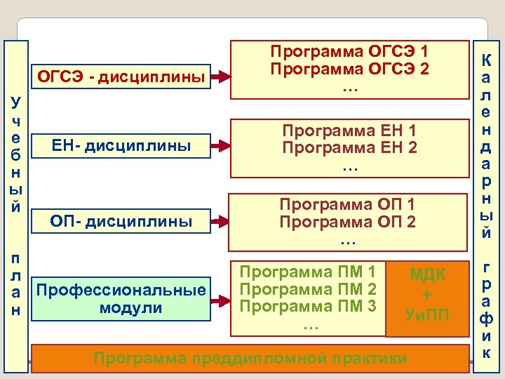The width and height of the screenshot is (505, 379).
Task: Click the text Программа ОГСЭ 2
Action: tap(349, 69)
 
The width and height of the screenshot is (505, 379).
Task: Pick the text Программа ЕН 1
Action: tap(349, 131)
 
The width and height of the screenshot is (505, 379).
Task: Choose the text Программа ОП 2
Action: tap(348, 222)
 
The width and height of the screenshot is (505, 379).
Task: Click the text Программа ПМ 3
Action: tap(309, 306)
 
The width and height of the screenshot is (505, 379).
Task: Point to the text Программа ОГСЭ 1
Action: tap(349, 52)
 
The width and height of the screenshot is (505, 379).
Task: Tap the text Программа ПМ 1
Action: tap(309, 271)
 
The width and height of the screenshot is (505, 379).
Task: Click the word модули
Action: tap(122, 307)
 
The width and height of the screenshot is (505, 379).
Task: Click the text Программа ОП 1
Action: tap(348, 205)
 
